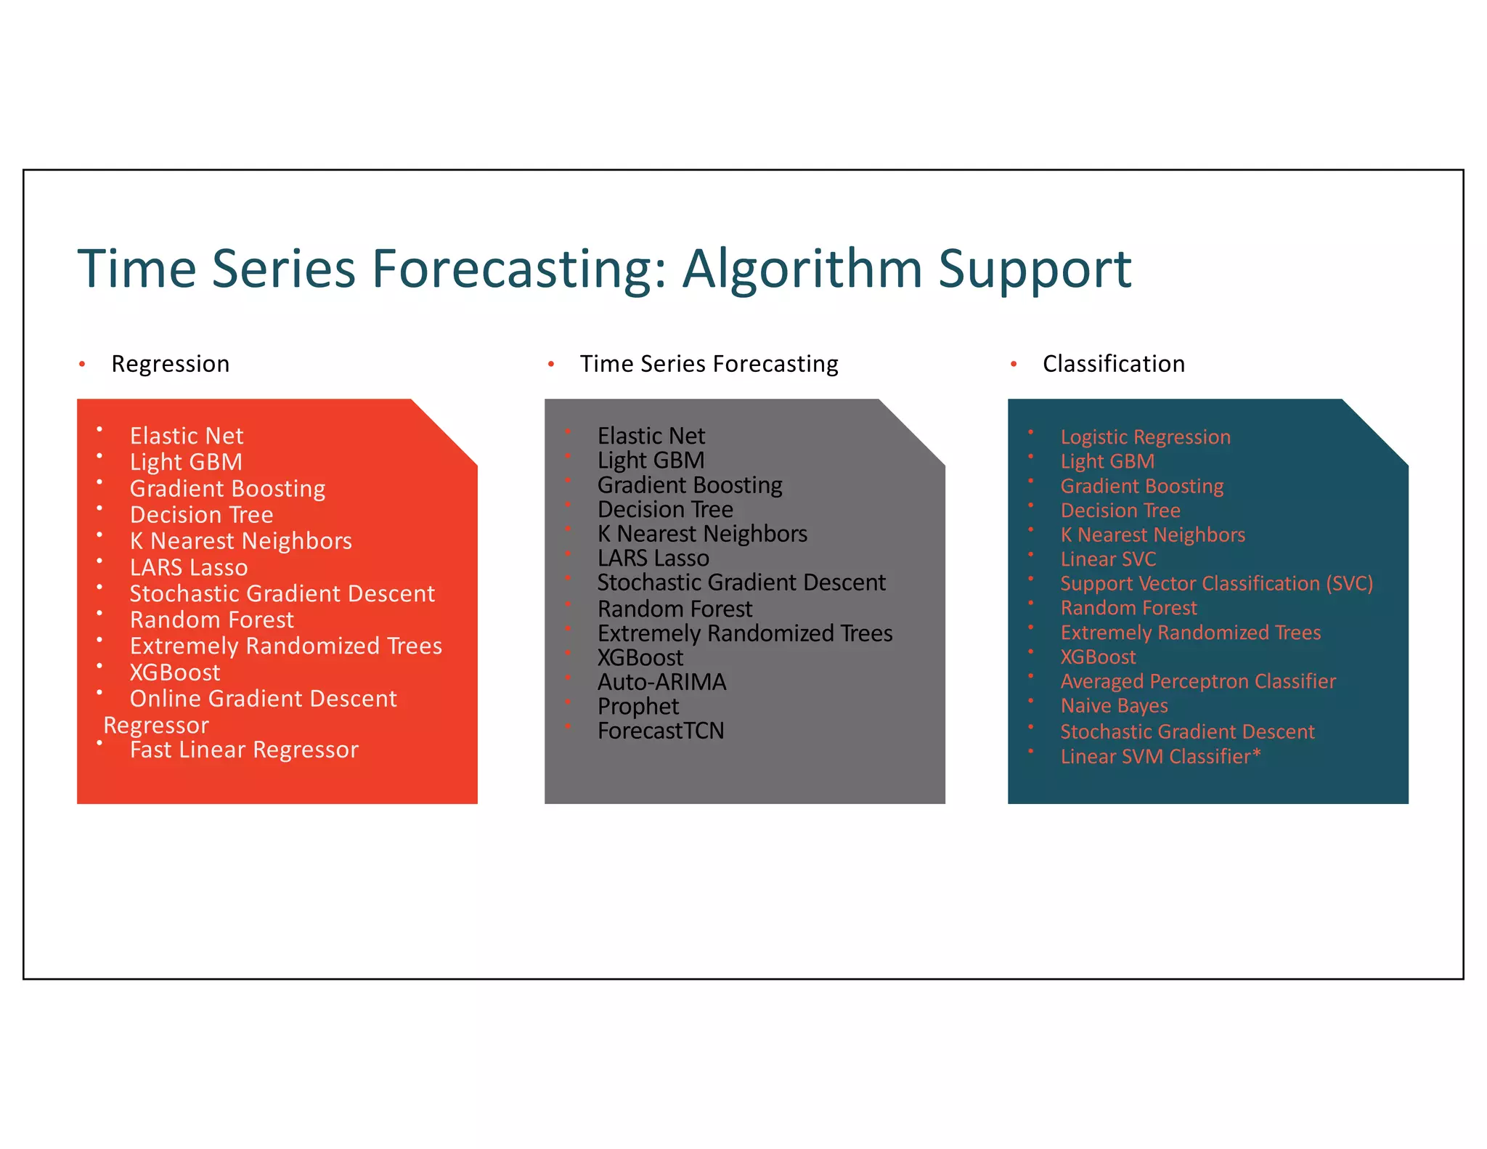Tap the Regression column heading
pos(170,364)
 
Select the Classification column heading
pos(1113,364)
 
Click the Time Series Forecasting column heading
pos(709,364)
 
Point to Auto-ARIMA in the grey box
pos(661,682)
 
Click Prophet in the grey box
pos(638,707)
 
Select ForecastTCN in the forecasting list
pos(661,731)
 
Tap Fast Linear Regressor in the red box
pos(244,750)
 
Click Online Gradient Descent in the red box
pos(263,699)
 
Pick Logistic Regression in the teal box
pos(1145,437)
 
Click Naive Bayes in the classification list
pos(1114,706)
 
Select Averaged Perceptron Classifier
pos(1197,681)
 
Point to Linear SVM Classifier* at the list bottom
pos(1160,757)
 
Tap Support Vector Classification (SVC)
pos(1216,584)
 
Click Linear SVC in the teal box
pos(1108,559)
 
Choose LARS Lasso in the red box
pos(189,567)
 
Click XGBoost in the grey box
pos(640,658)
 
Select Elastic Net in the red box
pos(187,436)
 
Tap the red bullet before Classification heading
pos(1014,364)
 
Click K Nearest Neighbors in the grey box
pos(701,534)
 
